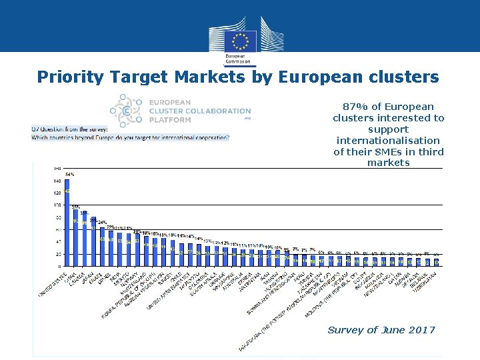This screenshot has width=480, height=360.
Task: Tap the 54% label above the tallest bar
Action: point(69,174)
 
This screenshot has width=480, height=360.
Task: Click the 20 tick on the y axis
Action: point(57,254)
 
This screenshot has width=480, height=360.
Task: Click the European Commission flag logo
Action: point(239,39)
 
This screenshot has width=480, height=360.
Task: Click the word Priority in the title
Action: point(69,77)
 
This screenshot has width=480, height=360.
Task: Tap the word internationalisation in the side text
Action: point(388,141)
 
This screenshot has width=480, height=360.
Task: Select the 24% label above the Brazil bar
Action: point(102,222)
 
